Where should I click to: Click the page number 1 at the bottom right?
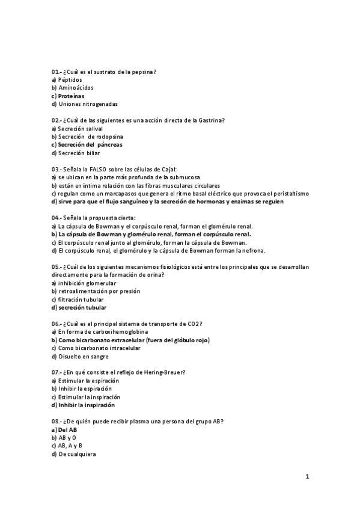(307, 478)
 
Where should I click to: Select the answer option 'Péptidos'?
(70, 79)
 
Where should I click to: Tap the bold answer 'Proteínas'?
(71, 96)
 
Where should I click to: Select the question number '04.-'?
(57, 218)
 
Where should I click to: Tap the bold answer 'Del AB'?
(67, 429)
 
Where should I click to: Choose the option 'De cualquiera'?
(76, 454)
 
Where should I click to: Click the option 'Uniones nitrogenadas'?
(84, 104)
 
